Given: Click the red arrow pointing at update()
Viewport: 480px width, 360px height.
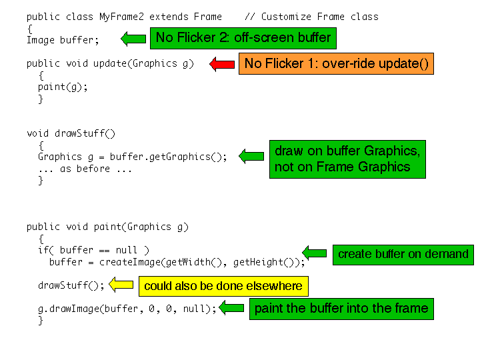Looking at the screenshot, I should (222, 64).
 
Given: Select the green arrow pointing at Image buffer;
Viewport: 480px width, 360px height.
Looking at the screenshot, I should (133, 39).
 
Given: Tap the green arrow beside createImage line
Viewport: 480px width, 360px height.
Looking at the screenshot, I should (315, 252).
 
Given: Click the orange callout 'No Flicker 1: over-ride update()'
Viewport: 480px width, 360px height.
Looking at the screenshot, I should (336, 63).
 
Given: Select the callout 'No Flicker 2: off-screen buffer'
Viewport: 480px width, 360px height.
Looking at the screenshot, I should (243, 38).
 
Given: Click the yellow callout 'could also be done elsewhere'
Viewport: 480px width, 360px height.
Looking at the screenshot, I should (223, 287).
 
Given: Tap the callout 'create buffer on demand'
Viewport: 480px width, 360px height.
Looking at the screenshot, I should (403, 254).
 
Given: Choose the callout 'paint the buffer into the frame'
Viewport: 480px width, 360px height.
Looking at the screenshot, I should (341, 309).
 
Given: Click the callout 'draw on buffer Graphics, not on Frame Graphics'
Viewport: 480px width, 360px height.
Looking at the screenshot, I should (347, 159).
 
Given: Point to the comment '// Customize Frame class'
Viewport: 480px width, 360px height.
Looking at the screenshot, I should (311, 17).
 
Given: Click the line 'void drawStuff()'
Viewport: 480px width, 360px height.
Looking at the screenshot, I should (71, 133).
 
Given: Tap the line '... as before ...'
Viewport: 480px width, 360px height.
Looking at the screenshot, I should (85, 169).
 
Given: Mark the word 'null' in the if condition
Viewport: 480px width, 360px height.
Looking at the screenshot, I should (126, 250).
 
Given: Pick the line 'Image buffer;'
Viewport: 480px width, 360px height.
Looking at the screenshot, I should (62, 40).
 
